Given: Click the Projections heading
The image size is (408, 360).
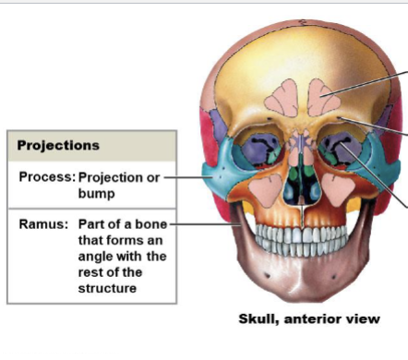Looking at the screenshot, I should pyautogui.click(x=58, y=146).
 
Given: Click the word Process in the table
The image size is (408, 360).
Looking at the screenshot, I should pyautogui.click(x=44, y=177).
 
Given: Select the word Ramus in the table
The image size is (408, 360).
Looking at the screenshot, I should pyautogui.click(x=41, y=224).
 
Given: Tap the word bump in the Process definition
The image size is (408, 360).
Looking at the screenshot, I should pyautogui.click(x=96, y=195).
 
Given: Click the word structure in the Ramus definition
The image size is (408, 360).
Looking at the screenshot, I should pyautogui.click(x=108, y=288).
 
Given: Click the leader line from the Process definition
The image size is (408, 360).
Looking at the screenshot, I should pyautogui.click(x=189, y=177).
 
